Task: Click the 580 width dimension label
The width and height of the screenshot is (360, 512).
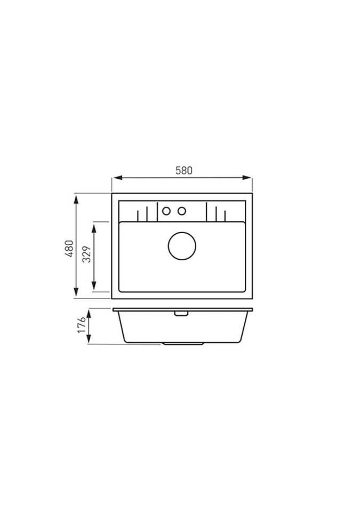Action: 184,171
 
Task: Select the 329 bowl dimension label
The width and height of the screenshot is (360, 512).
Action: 86,254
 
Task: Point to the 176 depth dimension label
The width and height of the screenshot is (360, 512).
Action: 82,325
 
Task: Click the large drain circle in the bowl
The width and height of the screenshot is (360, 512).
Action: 182,246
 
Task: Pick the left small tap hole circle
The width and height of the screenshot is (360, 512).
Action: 166,211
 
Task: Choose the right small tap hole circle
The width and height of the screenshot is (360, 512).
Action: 182,211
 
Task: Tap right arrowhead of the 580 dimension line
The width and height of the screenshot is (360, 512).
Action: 247,178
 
